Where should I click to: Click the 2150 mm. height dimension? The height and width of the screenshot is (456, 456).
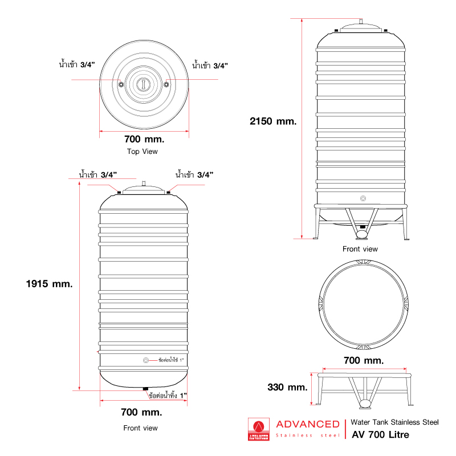273,121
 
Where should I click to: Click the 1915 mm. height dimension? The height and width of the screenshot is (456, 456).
50,284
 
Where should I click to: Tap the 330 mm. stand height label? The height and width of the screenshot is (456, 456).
287,387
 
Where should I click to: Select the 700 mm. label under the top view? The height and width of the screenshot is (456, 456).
144,139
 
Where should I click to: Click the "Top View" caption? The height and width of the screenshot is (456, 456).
142,152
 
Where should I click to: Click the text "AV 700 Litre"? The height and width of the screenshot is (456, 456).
380,434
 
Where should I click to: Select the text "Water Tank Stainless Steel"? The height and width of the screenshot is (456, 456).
394,422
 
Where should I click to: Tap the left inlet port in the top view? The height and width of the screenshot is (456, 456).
120,84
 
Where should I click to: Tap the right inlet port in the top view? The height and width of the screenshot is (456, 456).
166,84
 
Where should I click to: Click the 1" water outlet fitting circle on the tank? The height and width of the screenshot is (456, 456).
146,361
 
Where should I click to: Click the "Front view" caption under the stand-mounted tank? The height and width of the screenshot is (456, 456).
360,249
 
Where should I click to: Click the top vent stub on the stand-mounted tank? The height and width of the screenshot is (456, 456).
361,22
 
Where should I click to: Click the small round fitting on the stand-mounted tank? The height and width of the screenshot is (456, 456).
363,198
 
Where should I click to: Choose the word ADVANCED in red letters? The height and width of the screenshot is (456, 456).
307,424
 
